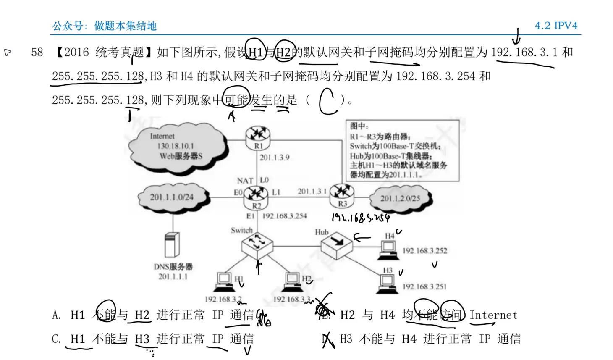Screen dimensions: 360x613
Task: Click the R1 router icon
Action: (257, 135)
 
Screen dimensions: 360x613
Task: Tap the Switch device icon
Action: (257, 244)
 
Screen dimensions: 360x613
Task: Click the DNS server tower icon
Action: (172, 244)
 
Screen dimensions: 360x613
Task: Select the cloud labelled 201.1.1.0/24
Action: (172, 197)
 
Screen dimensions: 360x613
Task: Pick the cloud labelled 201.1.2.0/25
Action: (400, 198)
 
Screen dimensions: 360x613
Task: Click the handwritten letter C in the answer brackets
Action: (328, 101)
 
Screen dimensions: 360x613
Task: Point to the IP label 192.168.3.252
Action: (424, 251)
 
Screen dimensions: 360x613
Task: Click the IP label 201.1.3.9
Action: (274, 158)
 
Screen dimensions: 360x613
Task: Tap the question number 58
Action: (37, 53)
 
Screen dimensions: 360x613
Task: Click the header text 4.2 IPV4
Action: (556, 26)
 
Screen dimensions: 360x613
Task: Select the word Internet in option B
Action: (493, 315)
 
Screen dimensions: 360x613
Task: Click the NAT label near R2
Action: (245, 181)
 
